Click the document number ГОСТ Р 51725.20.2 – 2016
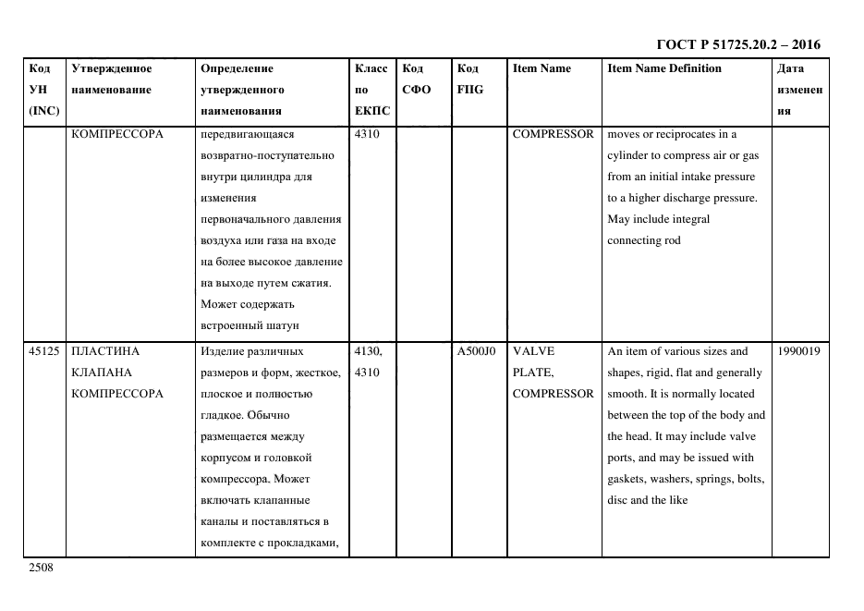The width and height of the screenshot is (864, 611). [x=737, y=44]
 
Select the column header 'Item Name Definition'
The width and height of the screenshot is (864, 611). [x=663, y=68]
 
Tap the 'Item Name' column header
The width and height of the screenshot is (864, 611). [x=542, y=68]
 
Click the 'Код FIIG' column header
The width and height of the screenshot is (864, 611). [x=469, y=79]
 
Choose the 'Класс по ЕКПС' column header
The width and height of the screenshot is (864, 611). [x=371, y=90]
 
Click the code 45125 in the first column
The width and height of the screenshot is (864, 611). [x=44, y=351]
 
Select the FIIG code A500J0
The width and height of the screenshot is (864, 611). [x=476, y=351]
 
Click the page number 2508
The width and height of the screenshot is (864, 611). [x=42, y=568]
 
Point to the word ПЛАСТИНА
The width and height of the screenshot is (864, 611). [x=104, y=351]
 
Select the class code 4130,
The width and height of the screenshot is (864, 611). [x=370, y=351]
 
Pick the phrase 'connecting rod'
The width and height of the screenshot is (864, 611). [x=643, y=240]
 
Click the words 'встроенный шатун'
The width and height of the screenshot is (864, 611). [x=249, y=325]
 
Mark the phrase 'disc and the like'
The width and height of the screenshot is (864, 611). [x=647, y=500]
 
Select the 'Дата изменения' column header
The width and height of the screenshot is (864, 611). [x=799, y=90]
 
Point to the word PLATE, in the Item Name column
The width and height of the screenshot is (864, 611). [x=532, y=373]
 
